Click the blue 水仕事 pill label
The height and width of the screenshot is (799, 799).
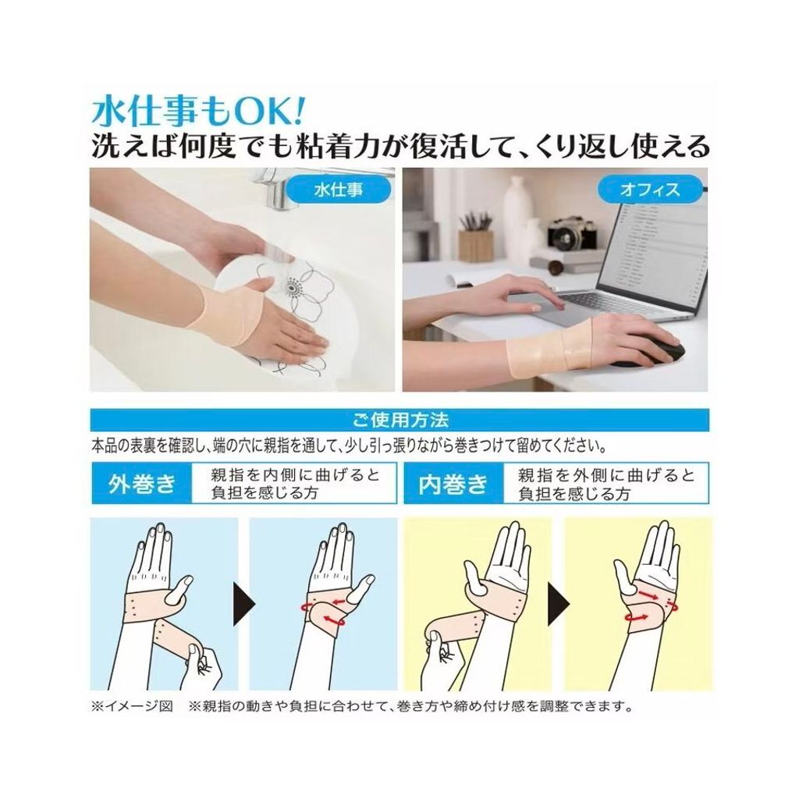[338, 190]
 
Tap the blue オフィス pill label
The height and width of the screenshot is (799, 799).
[650, 190]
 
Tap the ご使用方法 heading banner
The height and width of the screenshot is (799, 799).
[399, 419]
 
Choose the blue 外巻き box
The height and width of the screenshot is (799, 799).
[142, 483]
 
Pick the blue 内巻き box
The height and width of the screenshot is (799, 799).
[453, 483]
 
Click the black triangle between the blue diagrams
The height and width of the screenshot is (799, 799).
[243, 605]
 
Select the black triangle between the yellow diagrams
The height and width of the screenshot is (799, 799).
[557, 605]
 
